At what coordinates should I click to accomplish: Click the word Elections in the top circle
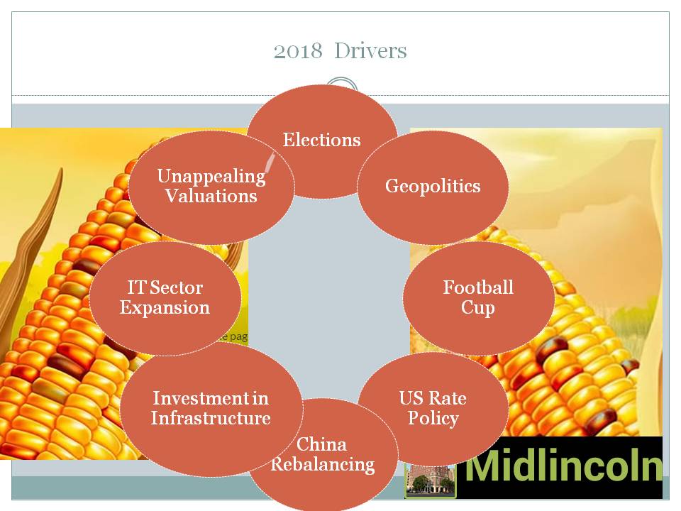pyautogui.click(x=322, y=140)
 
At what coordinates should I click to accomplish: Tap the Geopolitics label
pyautogui.click(x=433, y=186)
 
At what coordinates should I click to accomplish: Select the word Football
pyautogui.click(x=478, y=287)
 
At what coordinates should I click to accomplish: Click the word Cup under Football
pyautogui.click(x=477, y=307)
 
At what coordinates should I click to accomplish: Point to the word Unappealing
pyautogui.click(x=211, y=177)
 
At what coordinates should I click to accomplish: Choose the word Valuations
pyautogui.click(x=211, y=196)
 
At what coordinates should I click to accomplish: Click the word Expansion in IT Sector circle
pyautogui.click(x=165, y=307)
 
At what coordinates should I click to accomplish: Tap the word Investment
pyautogui.click(x=199, y=398)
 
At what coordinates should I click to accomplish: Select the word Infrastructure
pyautogui.click(x=211, y=418)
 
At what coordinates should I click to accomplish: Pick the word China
pyautogui.click(x=321, y=444)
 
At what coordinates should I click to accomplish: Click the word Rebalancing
pyautogui.click(x=323, y=464)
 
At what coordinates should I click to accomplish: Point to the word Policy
pyautogui.click(x=433, y=418)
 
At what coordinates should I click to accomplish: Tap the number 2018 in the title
pyautogui.click(x=298, y=51)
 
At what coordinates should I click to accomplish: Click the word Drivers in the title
pyautogui.click(x=370, y=50)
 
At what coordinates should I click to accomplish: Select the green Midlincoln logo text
pyautogui.click(x=564, y=465)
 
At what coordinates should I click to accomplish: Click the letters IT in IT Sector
pyautogui.click(x=135, y=287)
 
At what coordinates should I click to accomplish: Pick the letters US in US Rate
pyautogui.click(x=411, y=398)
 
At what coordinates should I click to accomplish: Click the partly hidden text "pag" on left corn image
pyautogui.click(x=238, y=336)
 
